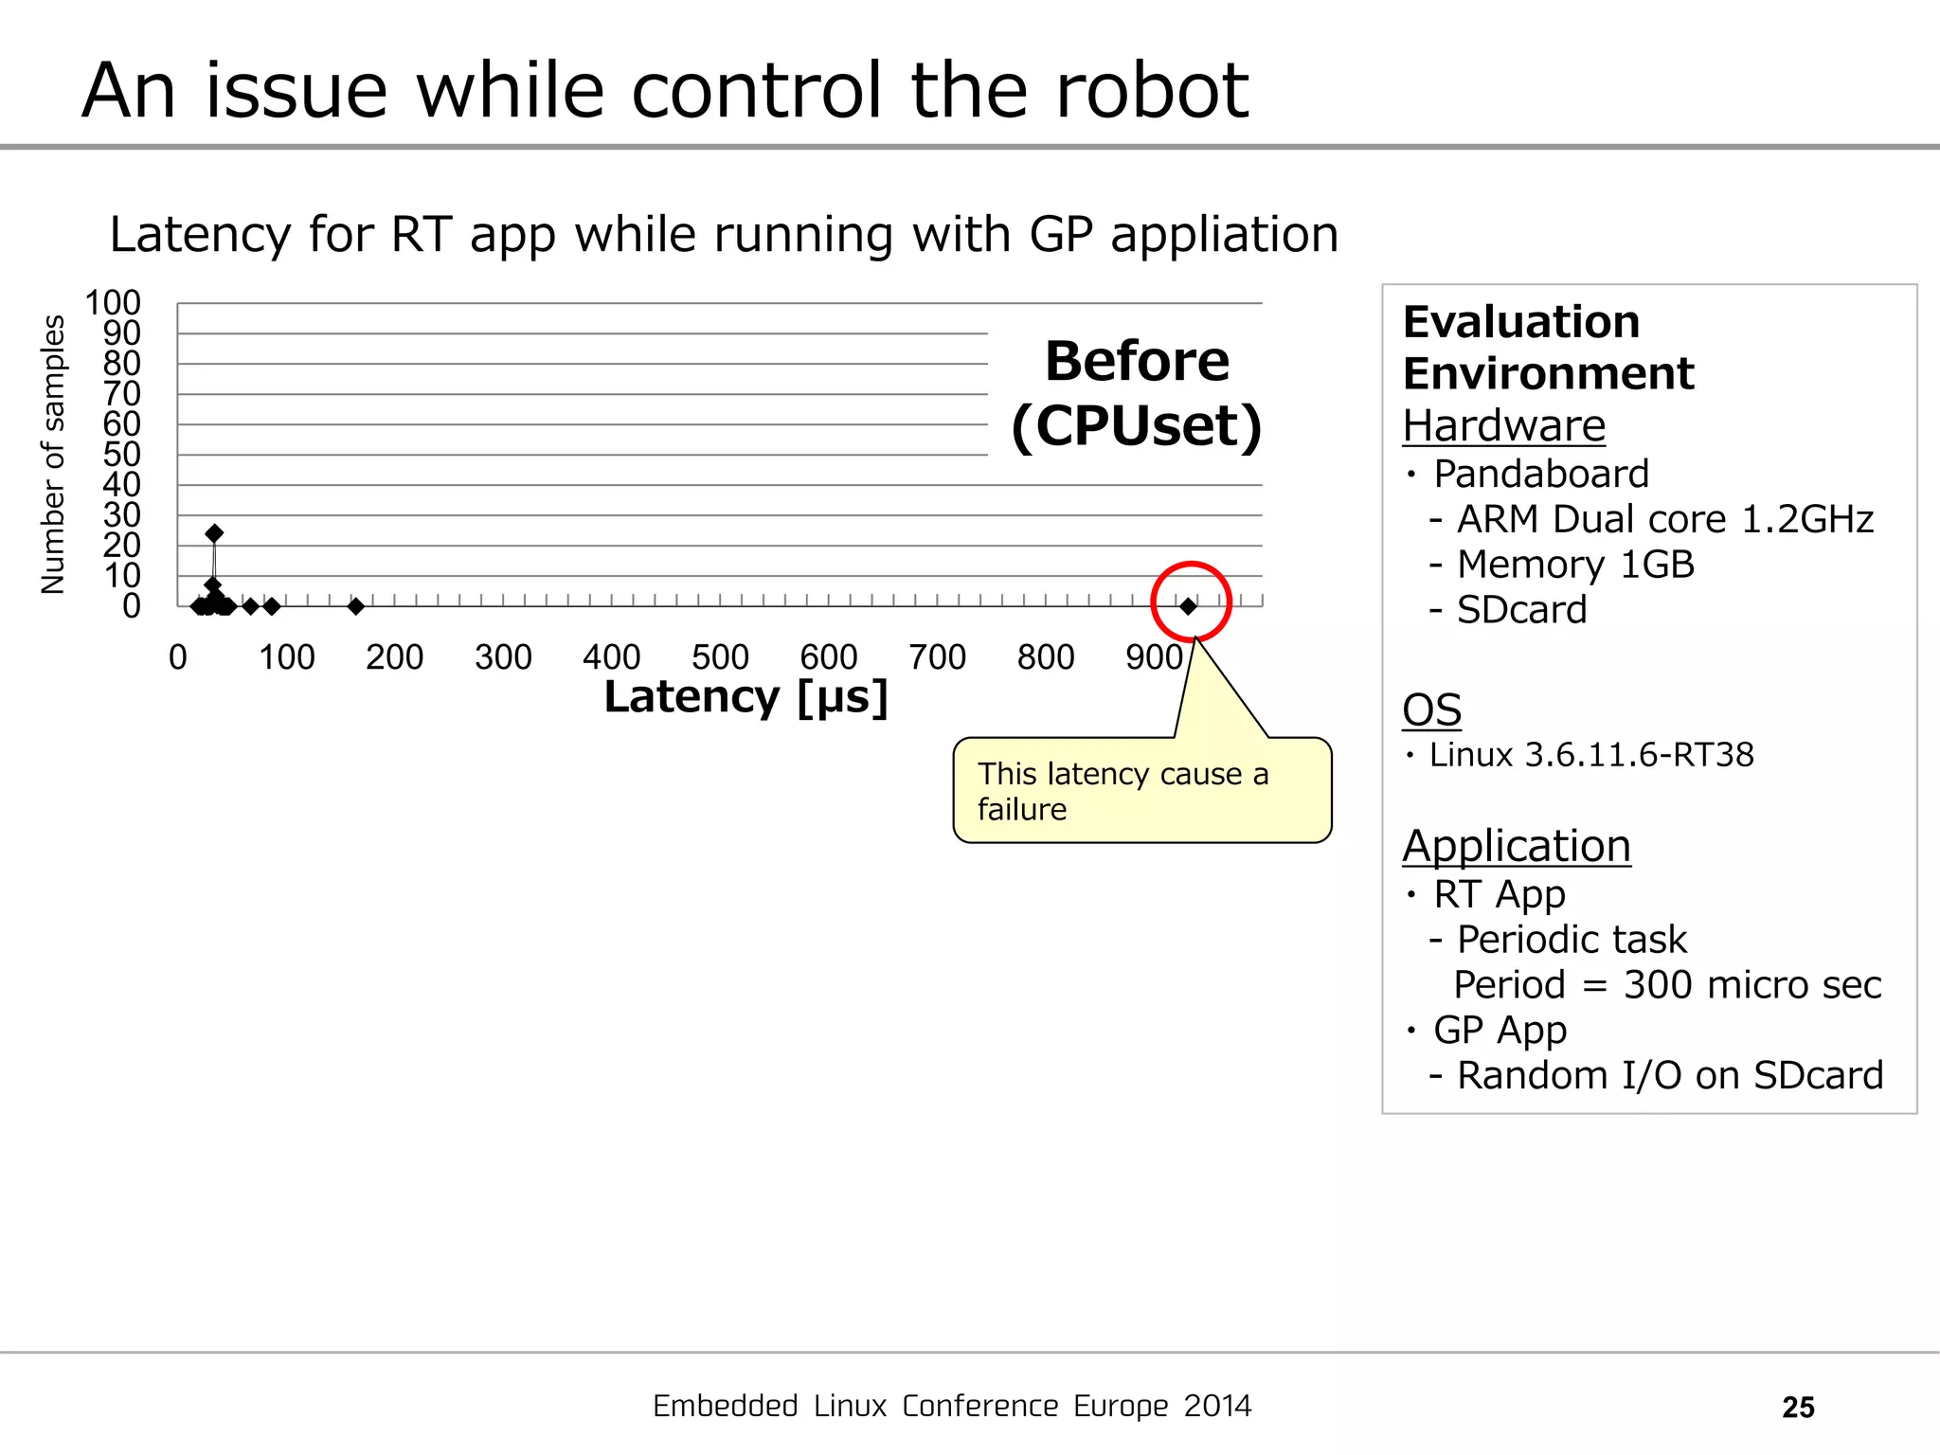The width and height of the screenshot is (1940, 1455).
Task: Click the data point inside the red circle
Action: click(1188, 606)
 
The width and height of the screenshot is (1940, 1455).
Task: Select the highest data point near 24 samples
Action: click(214, 533)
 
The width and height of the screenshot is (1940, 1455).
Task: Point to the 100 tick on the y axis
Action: click(113, 303)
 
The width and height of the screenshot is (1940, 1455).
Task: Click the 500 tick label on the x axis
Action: click(720, 657)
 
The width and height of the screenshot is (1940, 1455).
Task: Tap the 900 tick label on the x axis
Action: click(1154, 657)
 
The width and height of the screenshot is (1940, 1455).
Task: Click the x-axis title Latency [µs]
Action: click(746, 697)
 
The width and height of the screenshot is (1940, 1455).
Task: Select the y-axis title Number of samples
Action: click(53, 455)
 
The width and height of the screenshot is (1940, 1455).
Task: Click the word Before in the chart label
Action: click(1137, 362)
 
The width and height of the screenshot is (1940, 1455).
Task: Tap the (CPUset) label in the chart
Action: click(1137, 426)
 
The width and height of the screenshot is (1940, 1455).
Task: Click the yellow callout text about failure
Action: click(1123, 791)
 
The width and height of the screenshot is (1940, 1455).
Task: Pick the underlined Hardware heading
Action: click(1503, 426)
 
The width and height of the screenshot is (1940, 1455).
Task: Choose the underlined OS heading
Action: click(1431, 710)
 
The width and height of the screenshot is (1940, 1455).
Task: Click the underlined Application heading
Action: click(1516, 846)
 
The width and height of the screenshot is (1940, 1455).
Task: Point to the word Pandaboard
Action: click(1541, 474)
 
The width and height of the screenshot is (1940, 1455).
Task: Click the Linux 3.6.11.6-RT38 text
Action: click(1591, 755)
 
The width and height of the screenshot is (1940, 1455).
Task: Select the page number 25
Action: click(1798, 1408)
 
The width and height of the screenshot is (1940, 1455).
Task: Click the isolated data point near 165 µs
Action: click(356, 606)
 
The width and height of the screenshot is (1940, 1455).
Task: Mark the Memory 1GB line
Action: click(1575, 565)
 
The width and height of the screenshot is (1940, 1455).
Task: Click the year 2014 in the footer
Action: click(1217, 1407)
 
